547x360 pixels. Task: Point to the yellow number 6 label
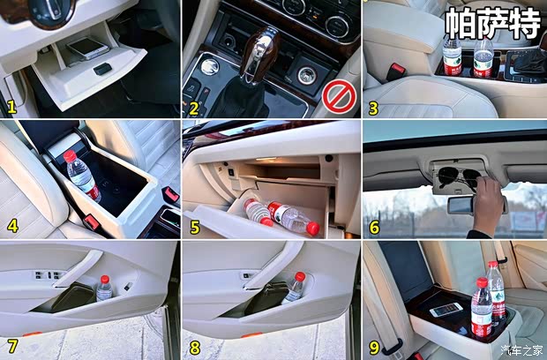(374, 227)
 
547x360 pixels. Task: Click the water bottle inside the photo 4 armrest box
(81, 175)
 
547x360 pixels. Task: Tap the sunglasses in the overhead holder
(461, 175)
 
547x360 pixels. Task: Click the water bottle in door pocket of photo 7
(104, 288)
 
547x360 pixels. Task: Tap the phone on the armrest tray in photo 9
(446, 310)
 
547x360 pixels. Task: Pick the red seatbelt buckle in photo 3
(397, 71)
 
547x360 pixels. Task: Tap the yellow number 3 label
(373, 109)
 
